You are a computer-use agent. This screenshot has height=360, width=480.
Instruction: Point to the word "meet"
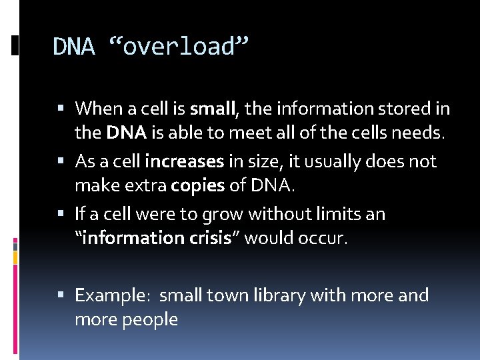[x=245, y=133]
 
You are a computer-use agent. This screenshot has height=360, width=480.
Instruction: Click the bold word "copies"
[x=198, y=185]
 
